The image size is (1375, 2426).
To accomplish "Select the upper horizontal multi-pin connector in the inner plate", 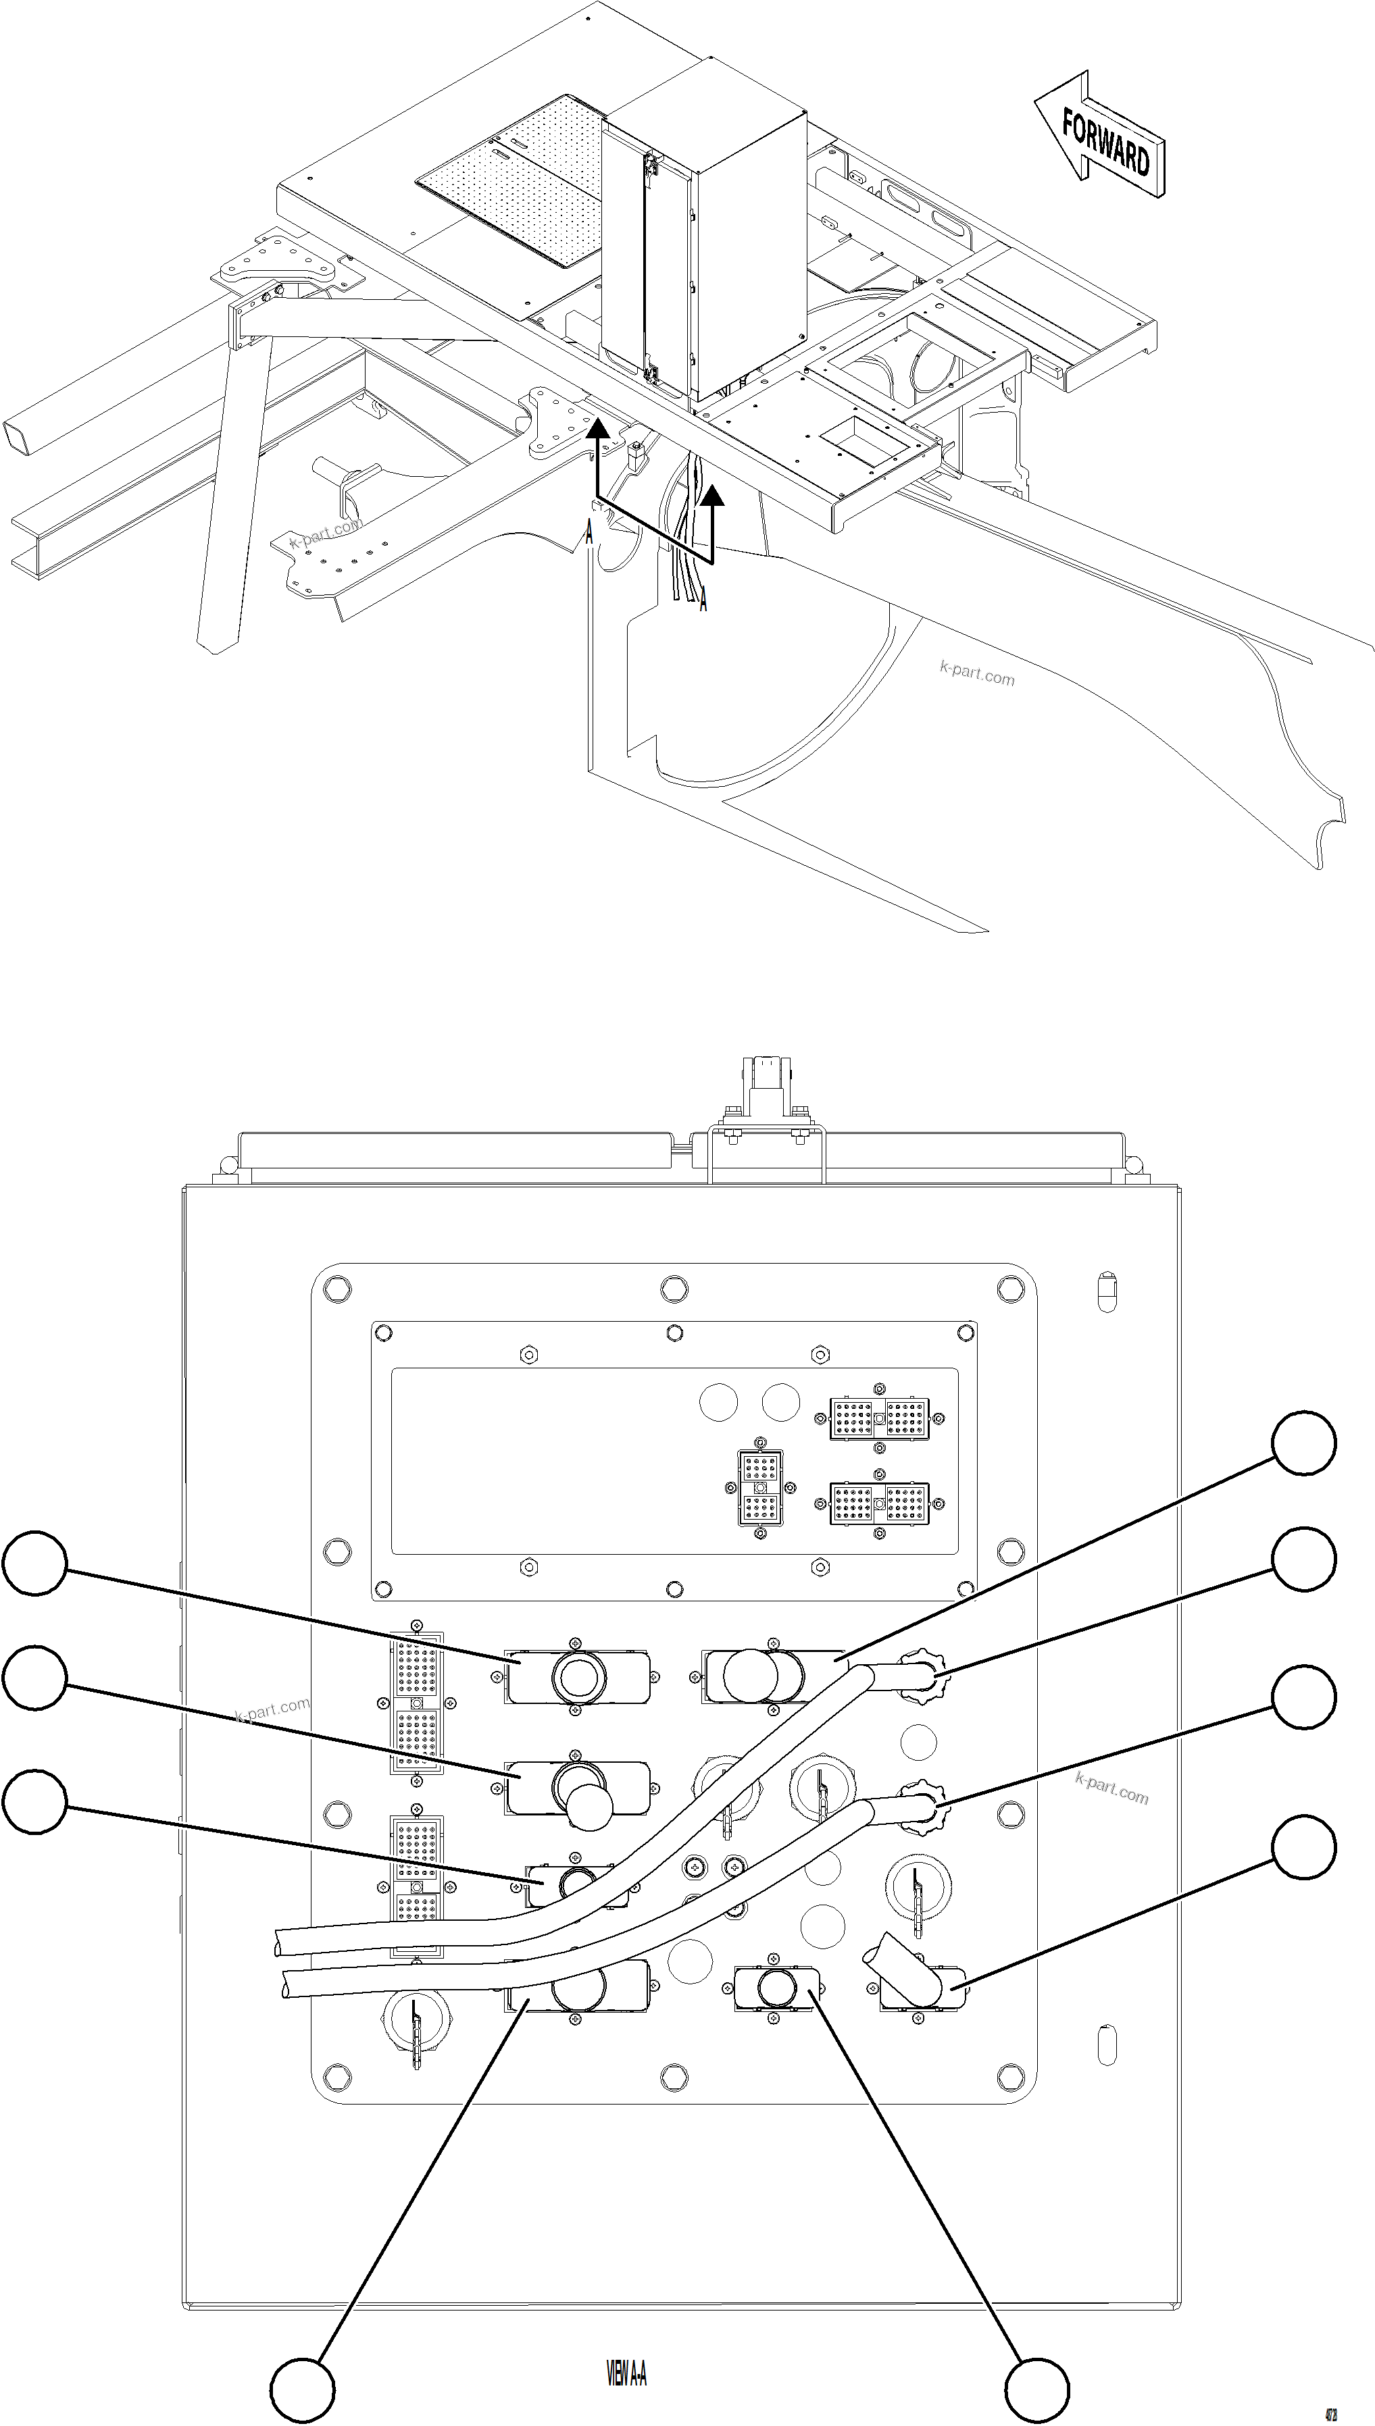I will click(x=879, y=1419).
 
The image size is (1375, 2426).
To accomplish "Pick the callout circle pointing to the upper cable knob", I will click(x=1303, y=1559).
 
